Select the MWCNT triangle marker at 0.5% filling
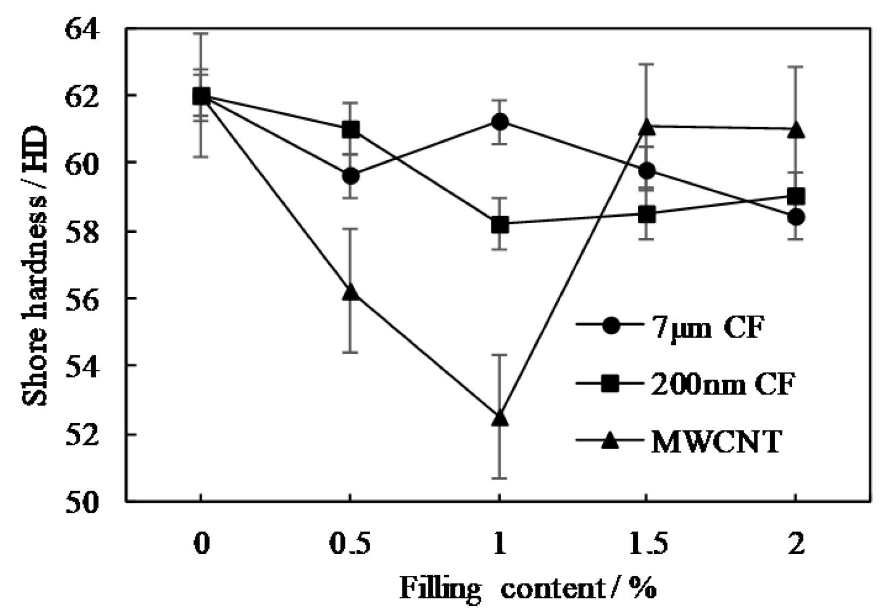(x=351, y=292)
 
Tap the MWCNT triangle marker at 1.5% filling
(x=646, y=127)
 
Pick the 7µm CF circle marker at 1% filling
(x=500, y=121)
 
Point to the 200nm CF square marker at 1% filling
(x=500, y=224)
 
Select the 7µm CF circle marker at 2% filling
(x=796, y=217)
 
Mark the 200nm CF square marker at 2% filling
(x=796, y=196)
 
